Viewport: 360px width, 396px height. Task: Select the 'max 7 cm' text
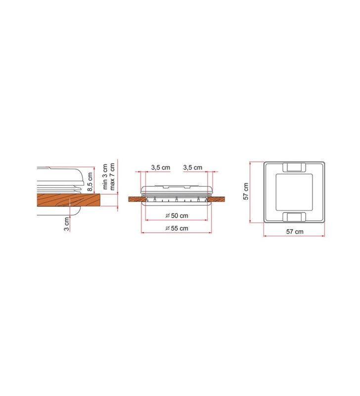pyautogui.click(x=112, y=177)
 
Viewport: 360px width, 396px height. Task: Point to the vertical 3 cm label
pyautogui.click(x=66, y=223)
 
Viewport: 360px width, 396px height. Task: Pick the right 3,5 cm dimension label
pyautogui.click(x=193, y=168)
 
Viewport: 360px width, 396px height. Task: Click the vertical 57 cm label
pyautogui.click(x=246, y=191)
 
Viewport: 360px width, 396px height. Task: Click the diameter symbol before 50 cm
pyautogui.click(x=167, y=215)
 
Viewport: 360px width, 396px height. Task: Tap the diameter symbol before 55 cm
pyautogui.click(x=167, y=228)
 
